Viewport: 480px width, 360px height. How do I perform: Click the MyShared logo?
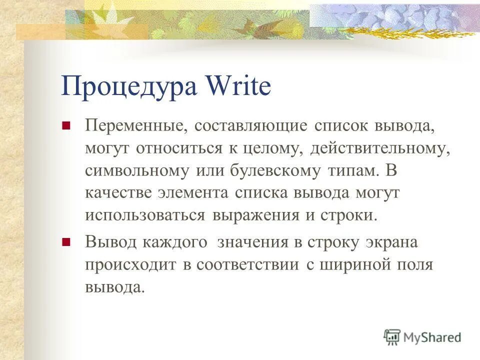(x=423, y=337)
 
